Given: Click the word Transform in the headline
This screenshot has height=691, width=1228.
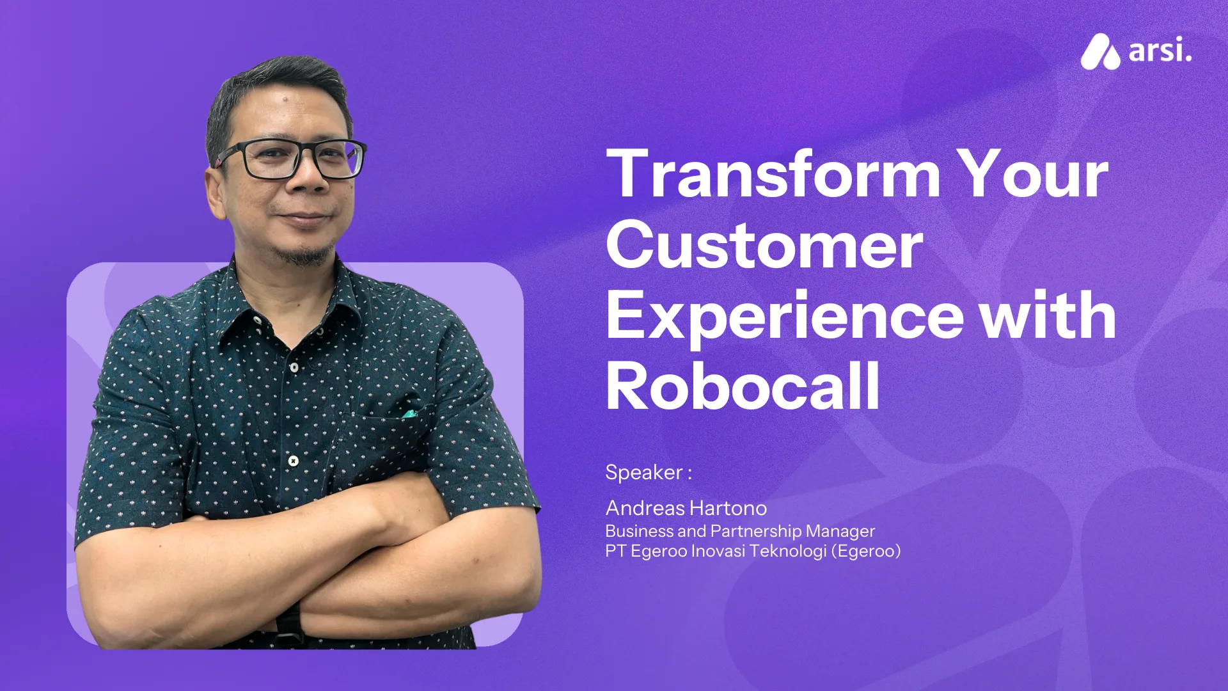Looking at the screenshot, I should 773,174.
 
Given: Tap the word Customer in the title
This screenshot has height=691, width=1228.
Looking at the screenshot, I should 764,246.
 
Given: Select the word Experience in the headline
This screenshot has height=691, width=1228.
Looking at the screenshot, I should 784,317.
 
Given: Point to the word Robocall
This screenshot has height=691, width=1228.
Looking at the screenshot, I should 743,386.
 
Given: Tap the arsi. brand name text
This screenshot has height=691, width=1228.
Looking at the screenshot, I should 1160,51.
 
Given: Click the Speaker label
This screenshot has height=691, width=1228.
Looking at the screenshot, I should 647,472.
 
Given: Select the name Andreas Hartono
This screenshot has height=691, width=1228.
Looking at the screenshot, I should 686,508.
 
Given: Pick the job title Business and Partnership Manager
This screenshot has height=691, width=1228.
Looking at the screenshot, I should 739,531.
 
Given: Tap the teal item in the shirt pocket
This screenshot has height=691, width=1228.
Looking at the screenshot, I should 409,414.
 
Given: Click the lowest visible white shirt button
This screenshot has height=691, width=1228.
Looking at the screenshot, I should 293,461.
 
